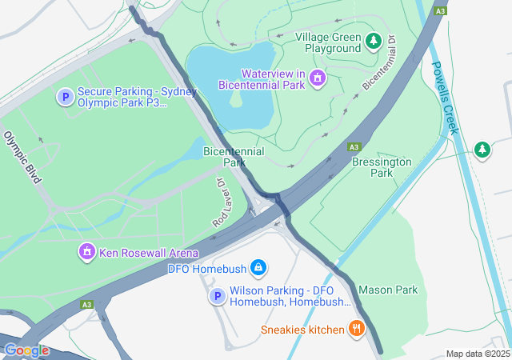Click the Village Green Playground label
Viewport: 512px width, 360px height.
328,42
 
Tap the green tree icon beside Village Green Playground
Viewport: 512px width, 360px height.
373,40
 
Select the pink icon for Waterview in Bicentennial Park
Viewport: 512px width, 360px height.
318,78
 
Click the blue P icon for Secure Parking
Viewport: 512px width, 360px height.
64,98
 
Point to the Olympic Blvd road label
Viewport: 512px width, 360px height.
22,158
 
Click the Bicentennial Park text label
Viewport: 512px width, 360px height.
234,156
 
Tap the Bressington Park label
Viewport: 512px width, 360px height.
382,166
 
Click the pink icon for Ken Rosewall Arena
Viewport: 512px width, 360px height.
86,253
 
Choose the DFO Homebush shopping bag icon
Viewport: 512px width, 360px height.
258,267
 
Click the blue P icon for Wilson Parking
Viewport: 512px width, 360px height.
216,297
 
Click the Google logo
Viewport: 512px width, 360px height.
26,350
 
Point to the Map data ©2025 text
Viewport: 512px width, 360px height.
478,354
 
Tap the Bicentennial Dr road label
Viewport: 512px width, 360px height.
380,62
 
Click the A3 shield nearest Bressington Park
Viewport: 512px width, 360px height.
353,147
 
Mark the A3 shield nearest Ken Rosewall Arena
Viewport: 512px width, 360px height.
86,304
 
